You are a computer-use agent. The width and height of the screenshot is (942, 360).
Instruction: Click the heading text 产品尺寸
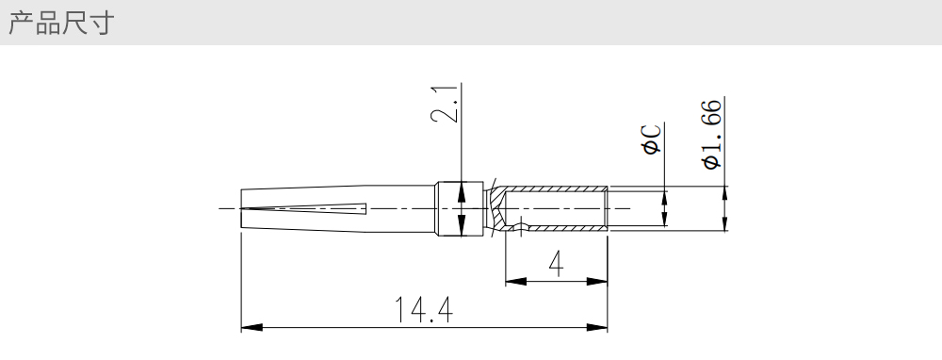coord(60,23)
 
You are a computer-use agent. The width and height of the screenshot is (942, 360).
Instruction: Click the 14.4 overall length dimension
coord(424,309)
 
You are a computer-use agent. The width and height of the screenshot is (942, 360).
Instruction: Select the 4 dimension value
coord(557,264)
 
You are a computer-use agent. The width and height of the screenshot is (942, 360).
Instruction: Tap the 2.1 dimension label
coord(446,103)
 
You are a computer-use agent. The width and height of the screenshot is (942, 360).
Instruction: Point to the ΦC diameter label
coord(652,139)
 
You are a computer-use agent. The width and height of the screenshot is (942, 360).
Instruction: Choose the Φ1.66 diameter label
coord(712,135)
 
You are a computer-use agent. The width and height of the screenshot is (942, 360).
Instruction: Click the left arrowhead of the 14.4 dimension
coord(252,328)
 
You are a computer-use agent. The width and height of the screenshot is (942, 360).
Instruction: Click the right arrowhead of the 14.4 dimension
coord(596,328)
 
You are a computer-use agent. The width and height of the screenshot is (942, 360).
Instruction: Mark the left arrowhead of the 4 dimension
coord(516,281)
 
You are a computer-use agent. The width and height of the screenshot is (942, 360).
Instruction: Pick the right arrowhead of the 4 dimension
coord(596,281)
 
